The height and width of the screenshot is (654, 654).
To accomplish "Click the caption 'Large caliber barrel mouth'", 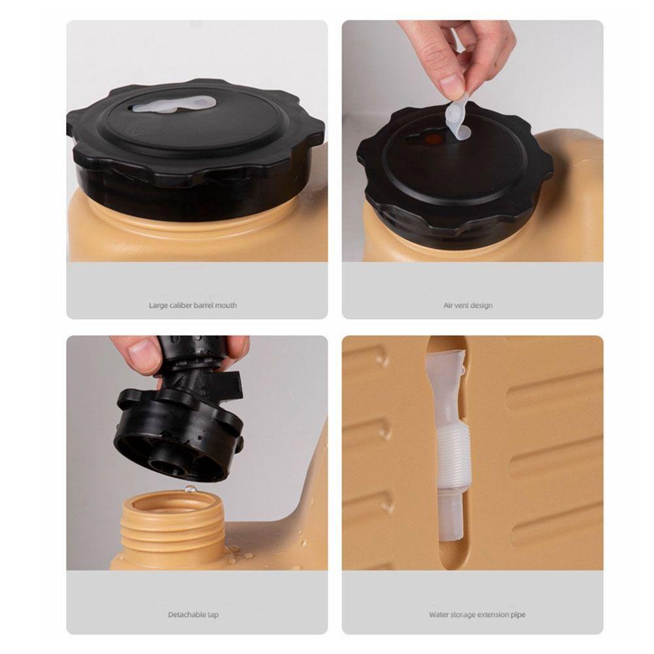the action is point(193,305).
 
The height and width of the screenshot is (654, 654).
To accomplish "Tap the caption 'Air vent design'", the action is point(468,305).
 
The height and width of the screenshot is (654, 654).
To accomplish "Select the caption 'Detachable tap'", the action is point(193,614).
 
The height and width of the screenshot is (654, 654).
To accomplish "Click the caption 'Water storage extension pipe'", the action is point(477,614).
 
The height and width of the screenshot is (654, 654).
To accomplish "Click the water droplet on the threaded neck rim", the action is point(190,489).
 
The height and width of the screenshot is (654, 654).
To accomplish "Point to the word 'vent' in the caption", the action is point(461,305).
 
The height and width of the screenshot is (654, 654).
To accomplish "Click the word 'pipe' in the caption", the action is point(519,615).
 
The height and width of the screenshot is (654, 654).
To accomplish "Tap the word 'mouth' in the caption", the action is point(226,305).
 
